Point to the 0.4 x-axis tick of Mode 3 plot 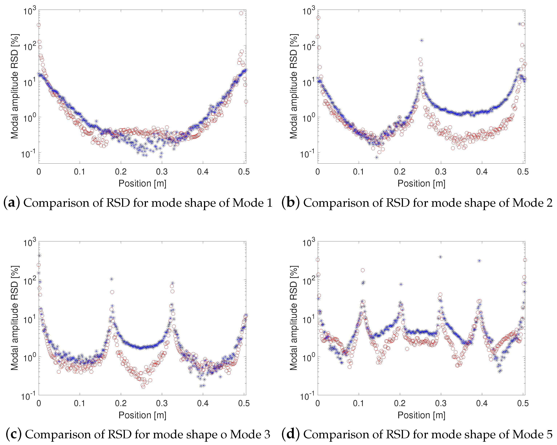click(x=203, y=403)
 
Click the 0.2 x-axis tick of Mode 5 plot click(x=400, y=403)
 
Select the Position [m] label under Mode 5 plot click(x=421, y=415)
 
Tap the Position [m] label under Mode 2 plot click(x=421, y=184)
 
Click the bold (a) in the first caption click(x=11, y=203)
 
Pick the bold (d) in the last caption click(x=291, y=434)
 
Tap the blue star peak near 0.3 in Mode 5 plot click(x=441, y=257)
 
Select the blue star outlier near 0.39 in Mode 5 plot click(x=479, y=261)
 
